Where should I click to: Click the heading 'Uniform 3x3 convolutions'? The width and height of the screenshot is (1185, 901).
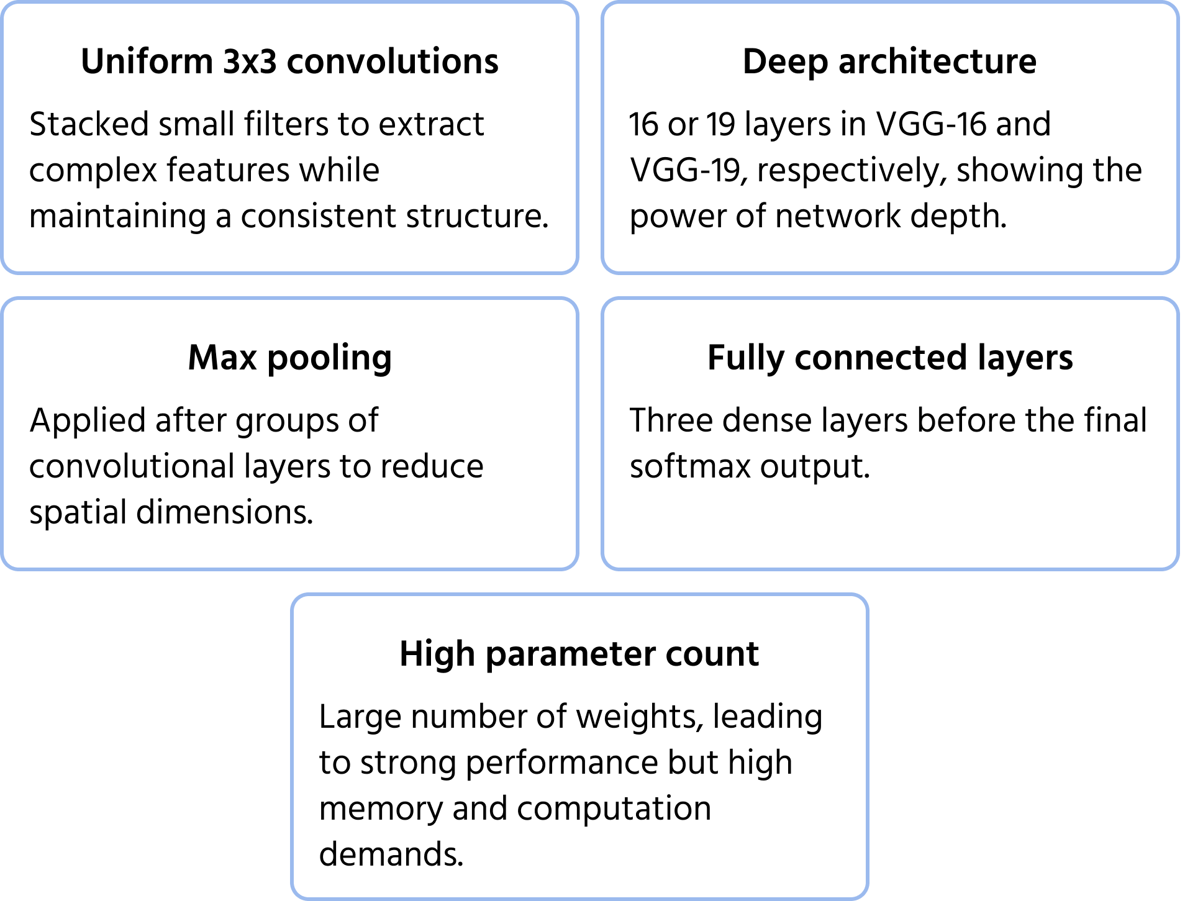(x=289, y=61)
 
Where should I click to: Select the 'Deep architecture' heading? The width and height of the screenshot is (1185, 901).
(x=889, y=61)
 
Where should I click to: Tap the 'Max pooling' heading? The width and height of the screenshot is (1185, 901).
(x=289, y=358)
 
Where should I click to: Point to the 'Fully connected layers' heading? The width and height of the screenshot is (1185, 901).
(x=889, y=358)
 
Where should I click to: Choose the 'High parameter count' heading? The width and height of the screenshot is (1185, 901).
(x=579, y=654)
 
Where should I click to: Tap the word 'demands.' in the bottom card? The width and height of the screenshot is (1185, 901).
(x=391, y=854)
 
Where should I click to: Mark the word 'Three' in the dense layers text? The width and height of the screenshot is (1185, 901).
(x=670, y=420)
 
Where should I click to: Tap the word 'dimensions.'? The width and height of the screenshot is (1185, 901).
(x=224, y=512)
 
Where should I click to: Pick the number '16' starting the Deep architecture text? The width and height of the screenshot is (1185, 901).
(x=642, y=124)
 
